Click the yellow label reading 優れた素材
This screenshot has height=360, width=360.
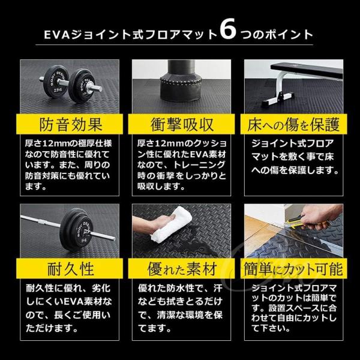click(x=181, y=267)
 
